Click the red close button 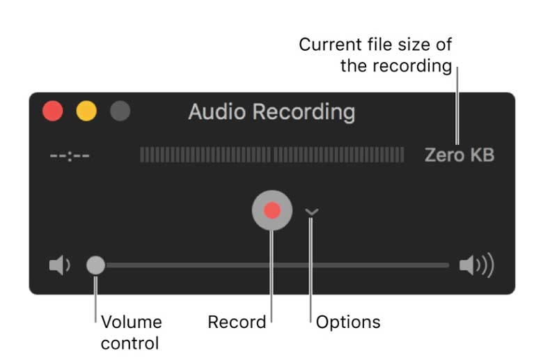[53, 111]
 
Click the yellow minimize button [86, 111]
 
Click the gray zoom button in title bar [120, 111]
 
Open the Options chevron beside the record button [311, 212]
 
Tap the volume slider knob [95, 265]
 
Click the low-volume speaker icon [60, 265]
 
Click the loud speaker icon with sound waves [476, 265]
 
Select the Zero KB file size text [460, 155]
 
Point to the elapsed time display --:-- [70, 155]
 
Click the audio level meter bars [272, 155]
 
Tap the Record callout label [237, 322]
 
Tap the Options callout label [348, 322]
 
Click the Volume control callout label [131, 333]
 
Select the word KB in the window [480, 155]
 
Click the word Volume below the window [131, 322]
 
